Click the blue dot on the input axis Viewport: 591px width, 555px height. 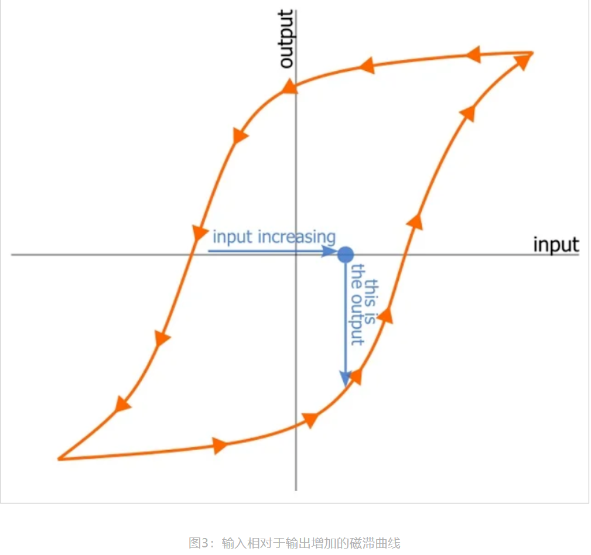point(346,254)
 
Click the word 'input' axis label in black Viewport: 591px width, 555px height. point(555,244)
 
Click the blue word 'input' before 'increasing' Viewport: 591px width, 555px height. point(232,237)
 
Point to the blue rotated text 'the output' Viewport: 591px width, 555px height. point(357,304)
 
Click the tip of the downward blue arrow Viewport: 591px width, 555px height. point(346,383)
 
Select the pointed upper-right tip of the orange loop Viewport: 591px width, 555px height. point(532,53)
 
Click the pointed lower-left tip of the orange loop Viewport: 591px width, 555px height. point(59,459)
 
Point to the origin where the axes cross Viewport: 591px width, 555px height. point(296,255)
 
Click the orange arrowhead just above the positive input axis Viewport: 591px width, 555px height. point(415,221)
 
